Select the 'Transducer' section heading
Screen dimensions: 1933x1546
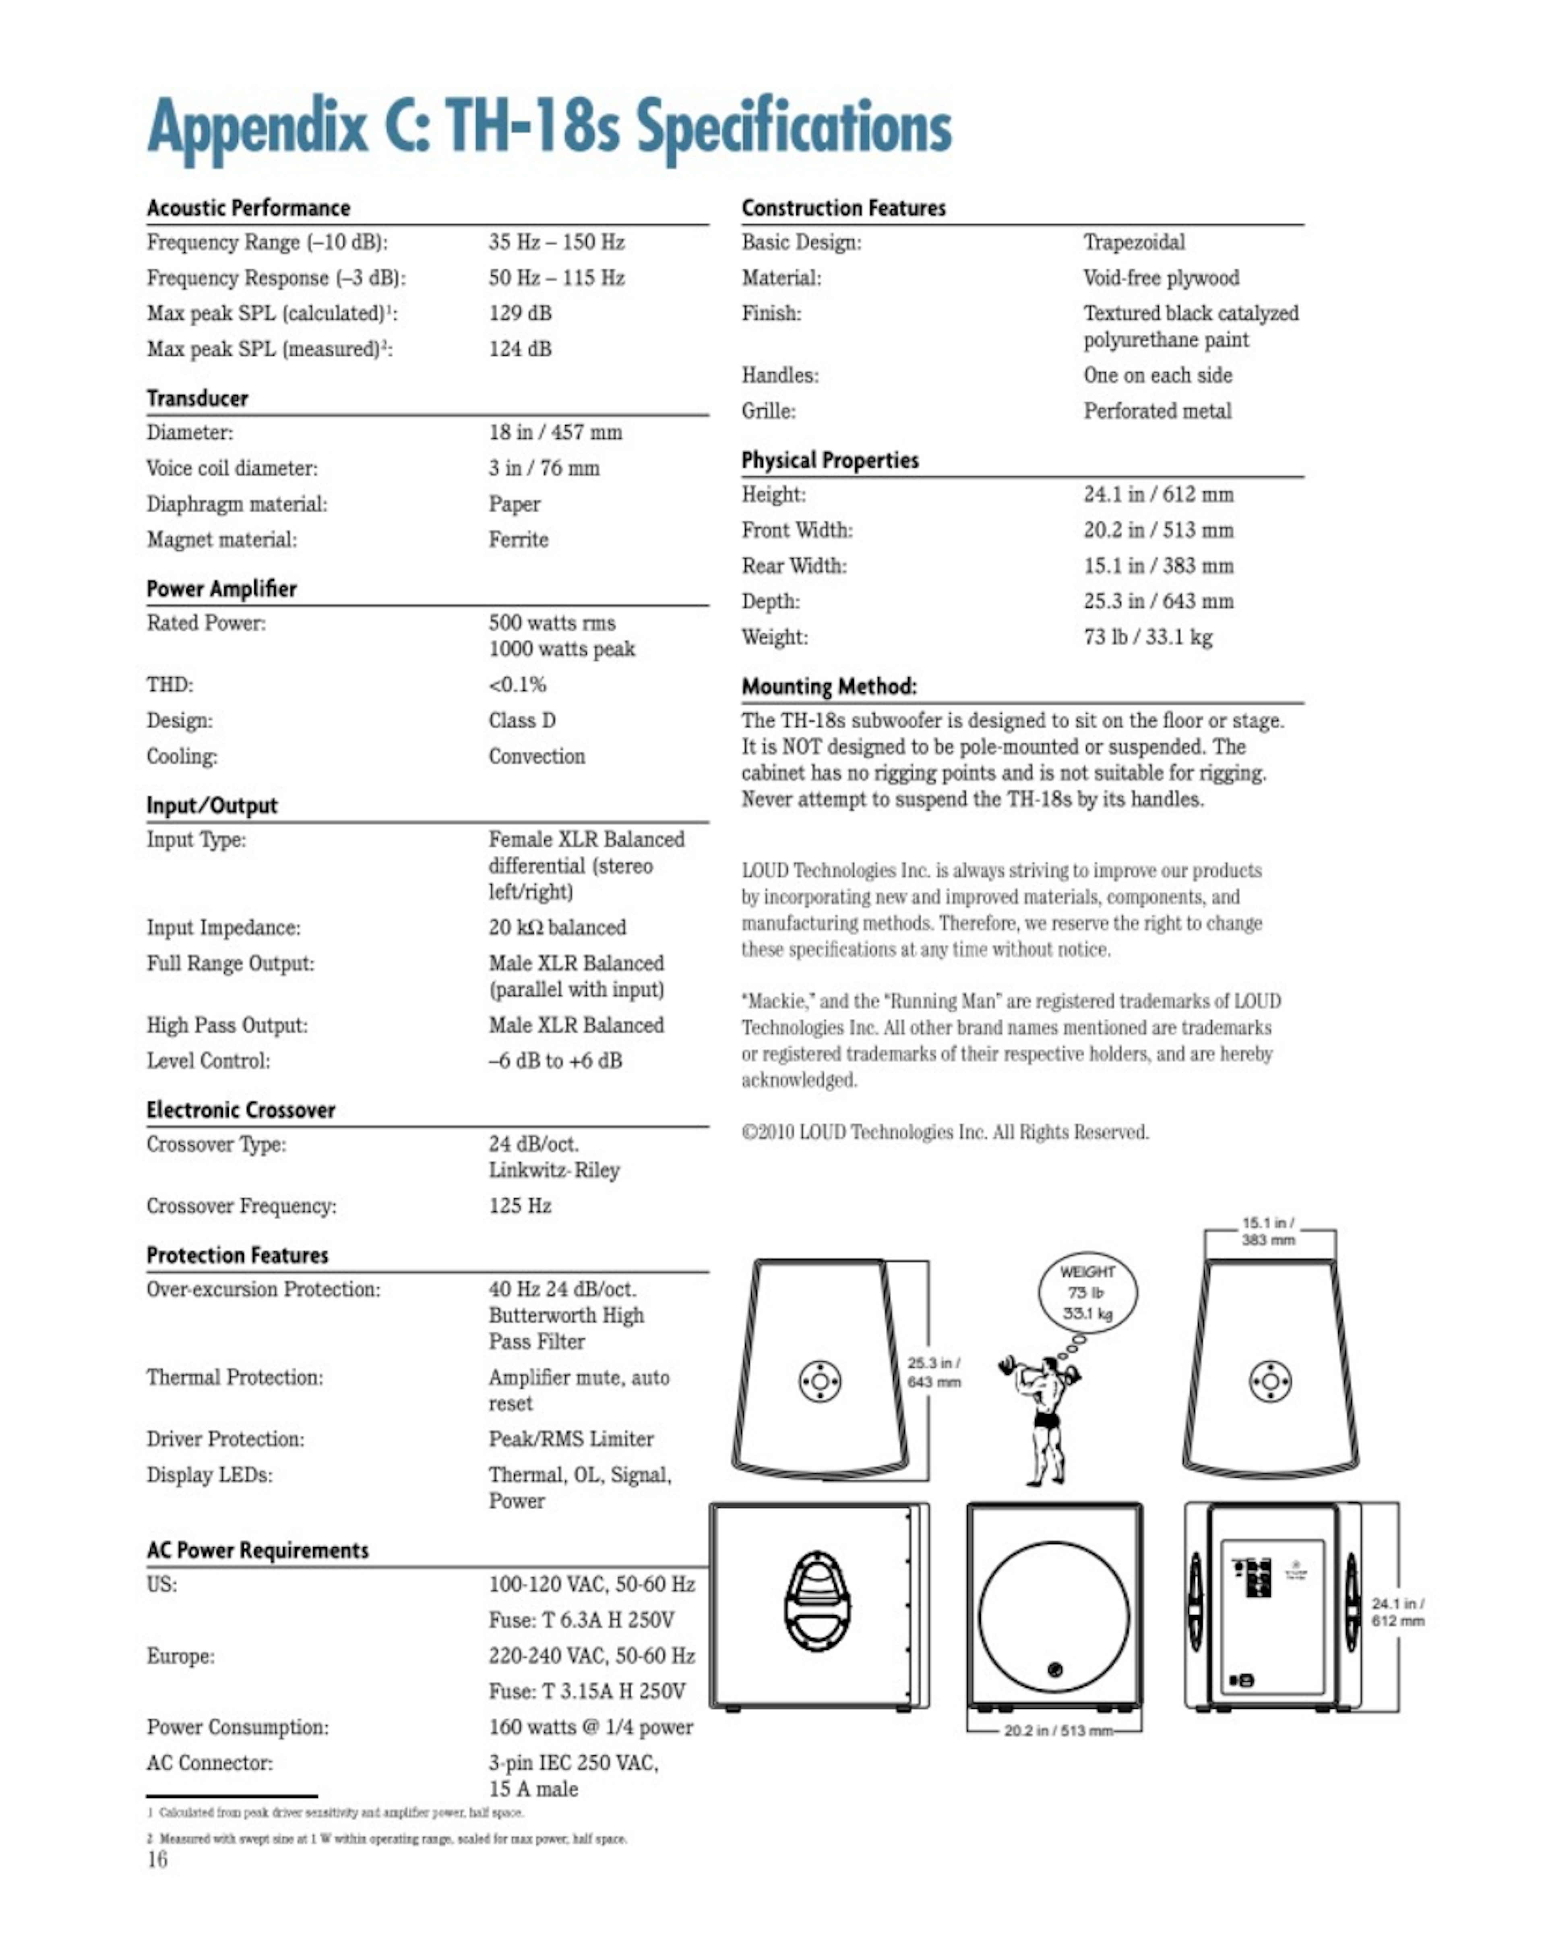pos(197,398)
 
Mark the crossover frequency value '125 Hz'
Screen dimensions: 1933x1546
pos(520,1206)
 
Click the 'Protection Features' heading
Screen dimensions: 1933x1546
pos(238,1255)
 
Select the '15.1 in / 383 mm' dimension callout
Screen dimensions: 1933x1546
pos(1268,1231)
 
